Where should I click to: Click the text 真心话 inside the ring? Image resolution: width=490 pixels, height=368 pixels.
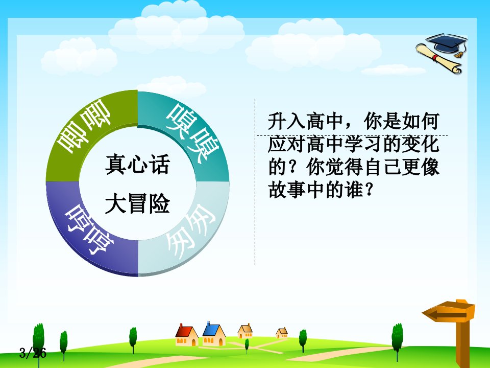[137, 164]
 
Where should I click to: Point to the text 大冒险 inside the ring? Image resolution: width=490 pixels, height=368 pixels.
[137, 204]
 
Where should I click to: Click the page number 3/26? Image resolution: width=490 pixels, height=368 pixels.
[33, 353]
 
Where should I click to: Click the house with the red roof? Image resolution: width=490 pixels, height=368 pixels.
[187, 335]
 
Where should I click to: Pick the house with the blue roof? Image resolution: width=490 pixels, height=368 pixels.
[214, 334]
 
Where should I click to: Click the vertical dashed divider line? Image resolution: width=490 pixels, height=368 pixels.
[255, 181]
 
